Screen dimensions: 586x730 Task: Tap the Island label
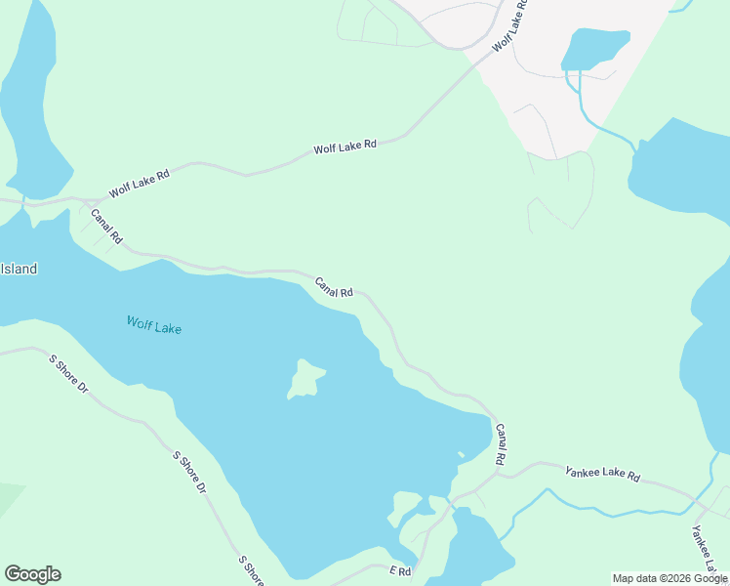point(19,269)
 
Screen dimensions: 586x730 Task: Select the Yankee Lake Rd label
point(602,475)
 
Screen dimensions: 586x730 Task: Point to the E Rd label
point(400,569)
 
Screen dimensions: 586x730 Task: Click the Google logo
point(32,574)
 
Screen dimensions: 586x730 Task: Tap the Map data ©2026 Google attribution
point(669,578)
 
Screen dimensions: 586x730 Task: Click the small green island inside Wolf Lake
point(305,379)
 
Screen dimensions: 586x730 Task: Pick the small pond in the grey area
point(594,48)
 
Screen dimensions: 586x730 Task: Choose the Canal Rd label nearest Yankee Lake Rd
point(501,443)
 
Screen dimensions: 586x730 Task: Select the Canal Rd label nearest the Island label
point(106,225)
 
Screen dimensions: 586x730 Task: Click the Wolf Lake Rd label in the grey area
point(509,24)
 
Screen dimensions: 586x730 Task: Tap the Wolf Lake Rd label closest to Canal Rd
point(140,183)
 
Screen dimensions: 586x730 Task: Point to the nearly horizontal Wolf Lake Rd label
point(345,147)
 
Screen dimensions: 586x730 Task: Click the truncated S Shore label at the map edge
point(252,570)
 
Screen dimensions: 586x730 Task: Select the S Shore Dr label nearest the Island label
point(68,374)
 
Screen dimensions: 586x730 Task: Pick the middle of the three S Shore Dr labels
point(189,471)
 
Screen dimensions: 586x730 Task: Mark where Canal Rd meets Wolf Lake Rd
point(87,200)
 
